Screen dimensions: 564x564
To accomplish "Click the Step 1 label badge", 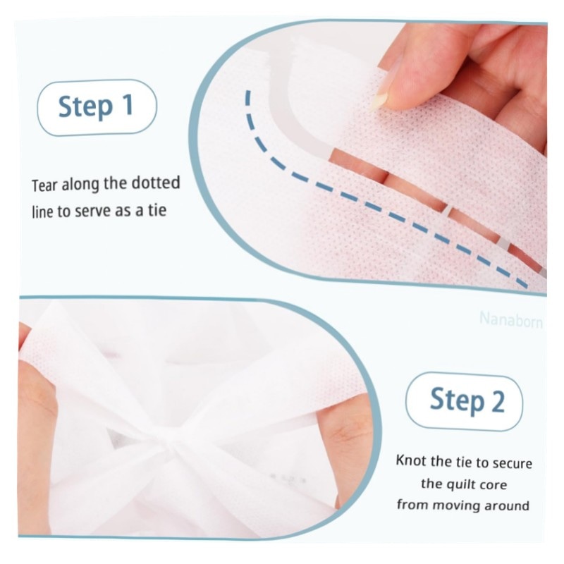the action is tap(97, 108).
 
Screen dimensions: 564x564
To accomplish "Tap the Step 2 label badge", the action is tap(464, 401).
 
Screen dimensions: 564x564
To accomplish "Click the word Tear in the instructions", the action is tap(45, 185).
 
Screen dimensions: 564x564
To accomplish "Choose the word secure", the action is tap(513, 464).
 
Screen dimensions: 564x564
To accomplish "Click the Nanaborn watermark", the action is tap(510, 319).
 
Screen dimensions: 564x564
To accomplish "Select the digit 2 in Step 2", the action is tap(498, 400).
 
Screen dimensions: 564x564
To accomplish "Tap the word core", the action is tap(491, 485).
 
